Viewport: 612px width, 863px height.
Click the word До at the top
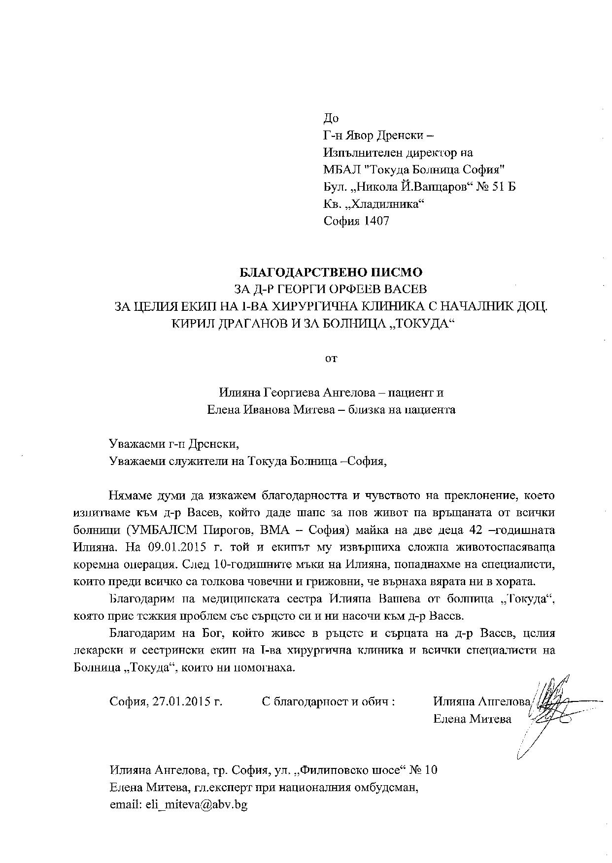pyautogui.click(x=331, y=118)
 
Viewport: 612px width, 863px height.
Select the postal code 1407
pyautogui.click(x=377, y=221)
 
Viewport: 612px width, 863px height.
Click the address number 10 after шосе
pyautogui.click(x=430, y=770)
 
